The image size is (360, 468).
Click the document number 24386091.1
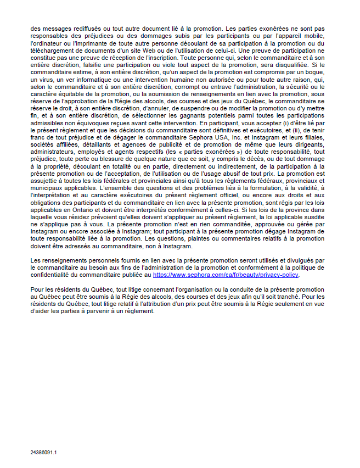[x=44, y=453]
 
